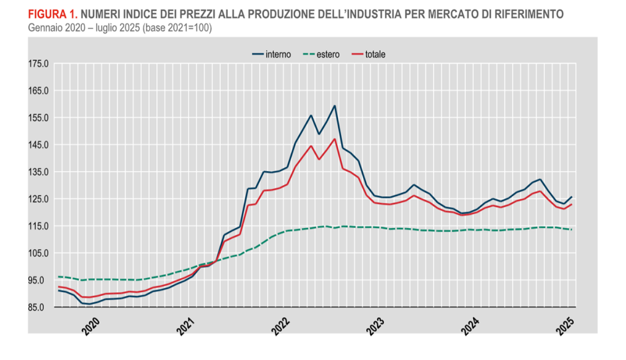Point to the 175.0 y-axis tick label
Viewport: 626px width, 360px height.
[x=38, y=64]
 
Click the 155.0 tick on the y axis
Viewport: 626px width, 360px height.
[x=38, y=118]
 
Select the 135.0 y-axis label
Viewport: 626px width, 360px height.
[x=38, y=172]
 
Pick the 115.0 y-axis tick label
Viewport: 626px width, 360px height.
[x=38, y=226]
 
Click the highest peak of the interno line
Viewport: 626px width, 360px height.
[x=334, y=106]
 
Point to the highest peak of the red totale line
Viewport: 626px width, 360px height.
[x=334, y=139]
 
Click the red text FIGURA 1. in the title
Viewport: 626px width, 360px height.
[x=52, y=13]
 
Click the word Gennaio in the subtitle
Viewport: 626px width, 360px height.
[x=44, y=28]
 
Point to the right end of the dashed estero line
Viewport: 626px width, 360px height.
[x=571, y=230]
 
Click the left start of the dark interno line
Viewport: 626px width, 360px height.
[x=59, y=290]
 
